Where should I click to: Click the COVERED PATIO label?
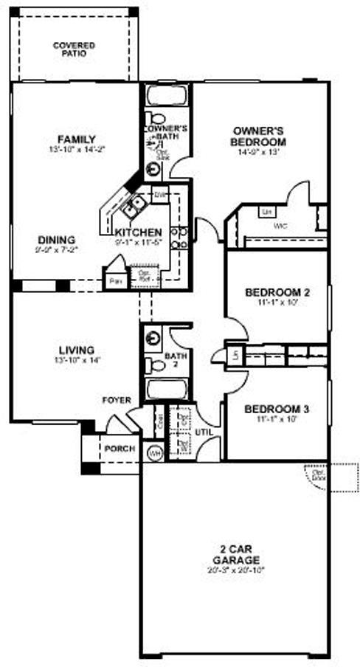click(x=74, y=49)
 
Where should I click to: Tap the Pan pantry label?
click(x=114, y=281)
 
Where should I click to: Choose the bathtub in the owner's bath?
click(x=166, y=96)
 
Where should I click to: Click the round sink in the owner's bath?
click(x=153, y=169)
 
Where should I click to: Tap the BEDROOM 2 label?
click(x=277, y=292)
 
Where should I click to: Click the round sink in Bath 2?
click(x=153, y=339)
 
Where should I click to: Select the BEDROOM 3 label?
click(x=276, y=409)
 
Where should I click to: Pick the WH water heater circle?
click(x=155, y=452)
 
